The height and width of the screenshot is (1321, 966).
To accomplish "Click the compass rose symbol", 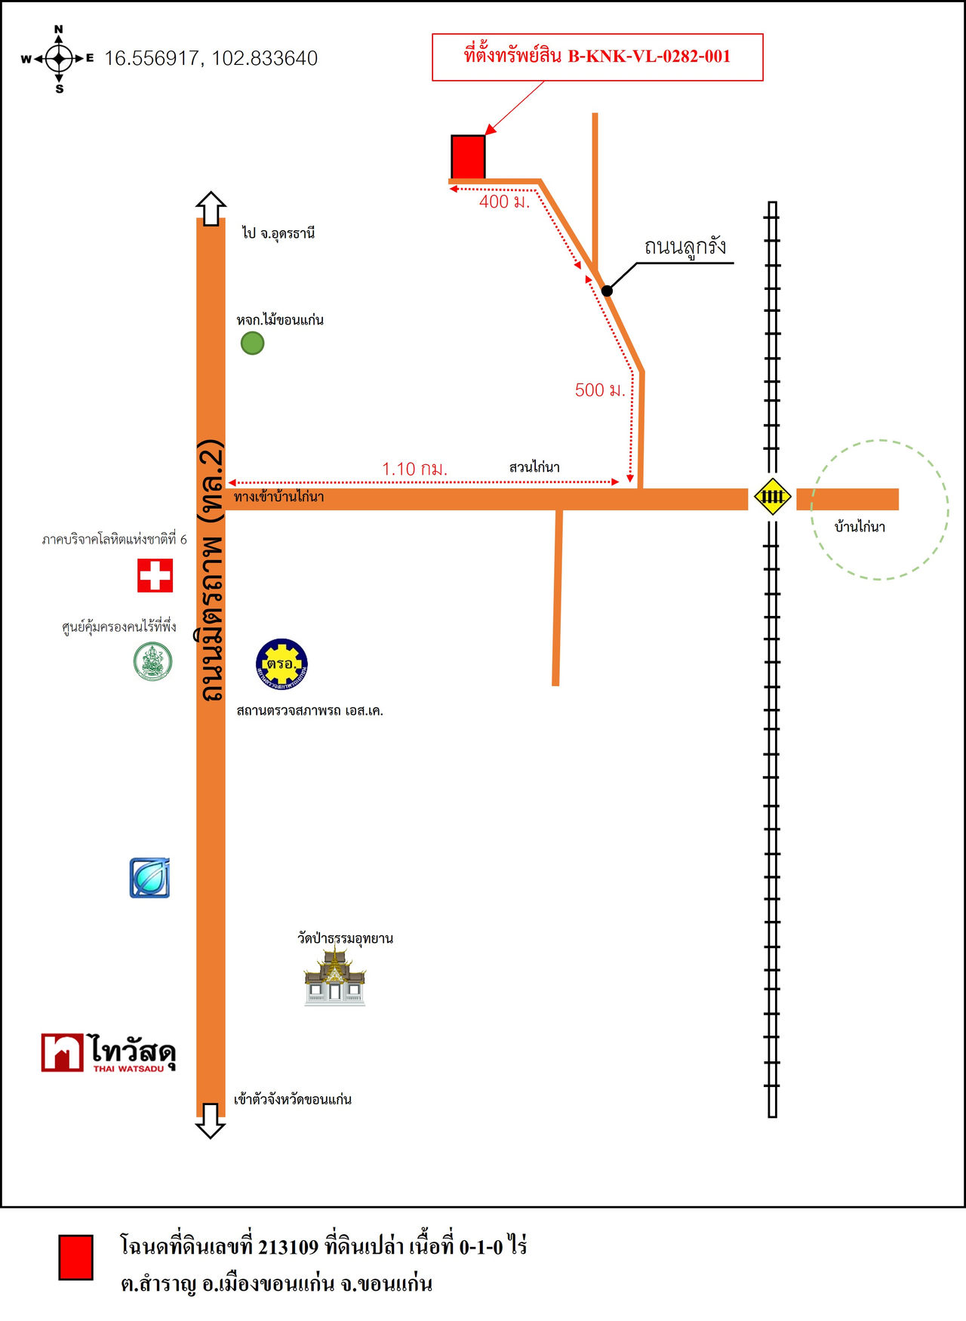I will coord(59,59).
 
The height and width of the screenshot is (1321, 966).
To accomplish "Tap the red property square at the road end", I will coord(468,157).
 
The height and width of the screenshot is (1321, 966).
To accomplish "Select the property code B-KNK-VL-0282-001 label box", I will coord(597,57).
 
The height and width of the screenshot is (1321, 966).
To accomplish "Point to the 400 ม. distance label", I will coord(504,202).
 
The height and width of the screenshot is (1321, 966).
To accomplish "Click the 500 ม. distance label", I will coord(600,390).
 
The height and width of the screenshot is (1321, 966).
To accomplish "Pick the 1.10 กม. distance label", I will coord(414,469).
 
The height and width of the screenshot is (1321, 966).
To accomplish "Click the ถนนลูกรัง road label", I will coord(685,247).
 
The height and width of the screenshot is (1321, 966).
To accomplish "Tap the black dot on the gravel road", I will coord(607,291).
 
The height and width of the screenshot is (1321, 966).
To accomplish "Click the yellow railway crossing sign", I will coord(772,497).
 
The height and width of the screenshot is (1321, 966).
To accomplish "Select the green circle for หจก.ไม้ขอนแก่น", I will coord(252,343).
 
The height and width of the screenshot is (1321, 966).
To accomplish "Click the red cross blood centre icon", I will coord(155,575).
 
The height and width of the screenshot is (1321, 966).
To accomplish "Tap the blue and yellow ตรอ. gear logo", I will coord(281,664).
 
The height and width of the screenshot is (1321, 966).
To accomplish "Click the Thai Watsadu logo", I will coord(109,1052).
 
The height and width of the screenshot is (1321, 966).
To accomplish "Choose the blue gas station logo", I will coord(149,878).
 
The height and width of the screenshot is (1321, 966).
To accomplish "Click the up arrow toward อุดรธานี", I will coord(211,208).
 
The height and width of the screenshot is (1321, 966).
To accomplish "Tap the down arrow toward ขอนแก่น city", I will coord(211,1121).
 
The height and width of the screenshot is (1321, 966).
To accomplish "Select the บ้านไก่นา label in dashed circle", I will coord(860,527).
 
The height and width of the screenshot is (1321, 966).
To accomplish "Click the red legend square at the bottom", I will coord(75,1258).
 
